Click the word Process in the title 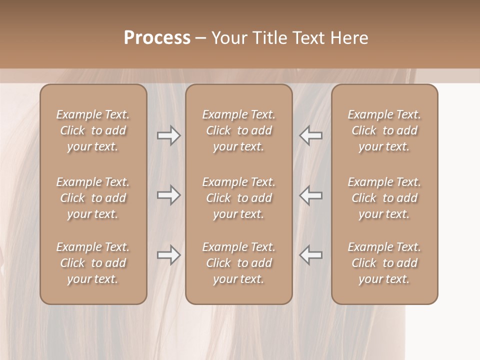click(x=157, y=38)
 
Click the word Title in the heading click(x=269, y=38)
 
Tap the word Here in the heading click(x=349, y=38)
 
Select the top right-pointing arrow click(x=169, y=135)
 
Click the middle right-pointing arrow click(x=169, y=195)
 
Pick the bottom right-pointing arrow click(x=169, y=255)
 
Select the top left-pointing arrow click(x=310, y=135)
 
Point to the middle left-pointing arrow click(x=310, y=195)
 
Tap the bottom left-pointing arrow click(x=310, y=255)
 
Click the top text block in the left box click(x=93, y=130)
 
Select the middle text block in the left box click(x=93, y=198)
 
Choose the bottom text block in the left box click(x=93, y=263)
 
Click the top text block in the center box click(x=239, y=130)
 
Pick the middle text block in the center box click(x=239, y=198)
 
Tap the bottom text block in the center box click(x=239, y=263)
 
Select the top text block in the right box click(x=384, y=130)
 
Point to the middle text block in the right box click(x=384, y=198)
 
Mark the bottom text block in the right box click(x=384, y=263)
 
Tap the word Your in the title click(x=228, y=38)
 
